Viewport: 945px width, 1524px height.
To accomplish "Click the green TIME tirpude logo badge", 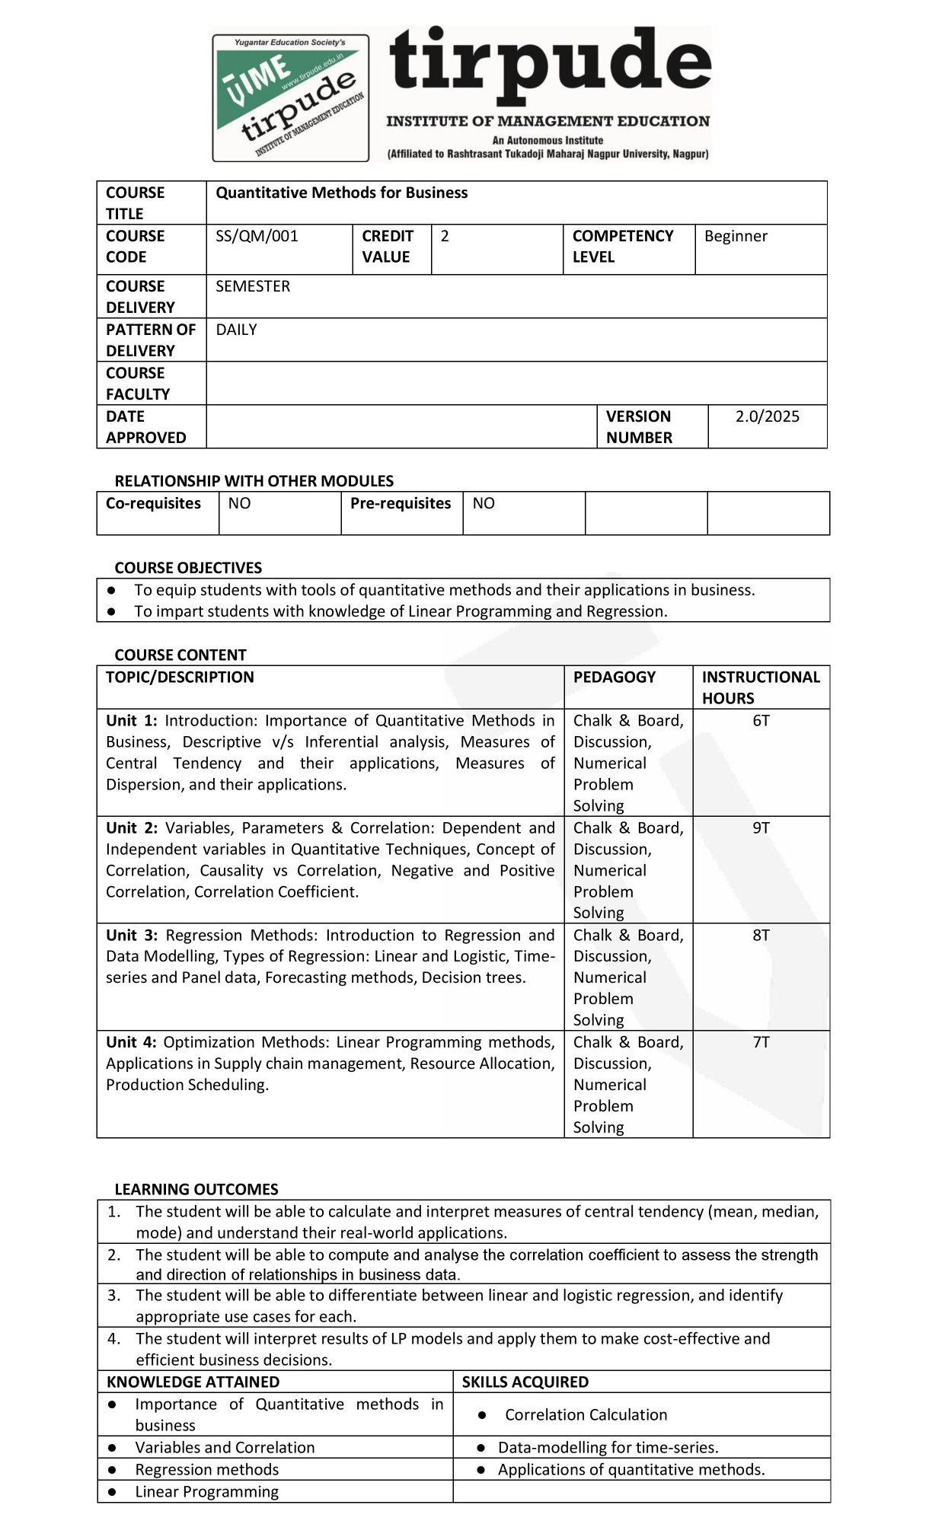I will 290,97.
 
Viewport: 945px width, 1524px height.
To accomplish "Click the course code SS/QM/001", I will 257,236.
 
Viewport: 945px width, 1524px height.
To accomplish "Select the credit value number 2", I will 445,236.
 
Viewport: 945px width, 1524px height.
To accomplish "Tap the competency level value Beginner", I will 736,236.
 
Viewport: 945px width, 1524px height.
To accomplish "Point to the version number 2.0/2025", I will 767,416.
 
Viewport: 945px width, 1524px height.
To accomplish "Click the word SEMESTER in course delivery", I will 253,286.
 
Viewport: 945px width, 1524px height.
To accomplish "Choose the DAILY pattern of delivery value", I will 236,330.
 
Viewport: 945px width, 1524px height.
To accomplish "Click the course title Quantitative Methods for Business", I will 341,193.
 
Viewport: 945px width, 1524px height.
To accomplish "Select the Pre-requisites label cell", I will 401,504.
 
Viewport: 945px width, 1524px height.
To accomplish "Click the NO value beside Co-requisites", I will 239,504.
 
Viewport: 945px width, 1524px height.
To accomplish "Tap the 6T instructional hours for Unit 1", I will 761,721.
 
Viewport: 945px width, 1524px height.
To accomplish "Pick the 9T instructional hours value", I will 761,828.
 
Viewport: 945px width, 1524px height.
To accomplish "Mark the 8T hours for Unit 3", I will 761,936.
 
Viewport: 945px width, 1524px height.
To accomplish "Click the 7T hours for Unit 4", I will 761,1043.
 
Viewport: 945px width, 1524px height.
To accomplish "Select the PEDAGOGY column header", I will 614,678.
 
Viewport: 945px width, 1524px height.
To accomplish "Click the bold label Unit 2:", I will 132,828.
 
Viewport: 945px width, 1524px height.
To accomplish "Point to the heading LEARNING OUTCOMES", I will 196,1189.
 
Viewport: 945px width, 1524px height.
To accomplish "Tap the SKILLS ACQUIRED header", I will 525,1382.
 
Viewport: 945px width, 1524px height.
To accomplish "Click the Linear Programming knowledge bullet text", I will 206,1491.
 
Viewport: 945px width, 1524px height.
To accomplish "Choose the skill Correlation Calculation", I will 586,1414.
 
